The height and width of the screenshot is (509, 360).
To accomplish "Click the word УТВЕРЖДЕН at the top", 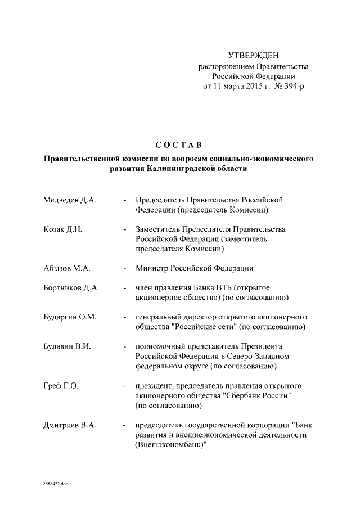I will point(253,55).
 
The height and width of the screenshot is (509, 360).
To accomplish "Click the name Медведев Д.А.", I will point(70,200).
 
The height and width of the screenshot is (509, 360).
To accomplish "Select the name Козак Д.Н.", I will point(63,230).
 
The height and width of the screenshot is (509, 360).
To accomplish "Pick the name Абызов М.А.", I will point(66,268).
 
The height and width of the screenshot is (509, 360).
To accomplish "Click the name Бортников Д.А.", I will point(71,287).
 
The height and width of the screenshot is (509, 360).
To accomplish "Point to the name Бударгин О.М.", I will point(70,317).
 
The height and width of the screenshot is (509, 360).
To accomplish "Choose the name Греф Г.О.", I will point(61,386).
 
